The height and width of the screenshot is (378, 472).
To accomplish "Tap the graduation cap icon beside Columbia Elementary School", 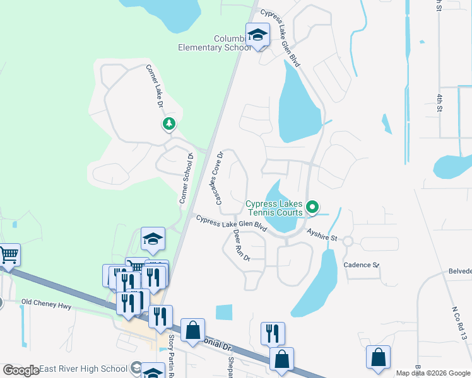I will (x=257, y=35).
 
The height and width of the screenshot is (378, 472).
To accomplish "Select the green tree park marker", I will (x=168, y=123).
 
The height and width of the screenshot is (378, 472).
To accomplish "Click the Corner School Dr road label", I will (x=184, y=177).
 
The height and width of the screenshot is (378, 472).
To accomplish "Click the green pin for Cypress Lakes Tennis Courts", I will (x=312, y=207).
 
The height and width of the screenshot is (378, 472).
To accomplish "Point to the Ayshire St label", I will (x=322, y=235).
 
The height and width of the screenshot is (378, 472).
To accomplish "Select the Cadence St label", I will (x=361, y=265).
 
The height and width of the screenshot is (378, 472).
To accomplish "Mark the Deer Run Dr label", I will (x=242, y=246).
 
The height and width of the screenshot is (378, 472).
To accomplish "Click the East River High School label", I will (x=83, y=369).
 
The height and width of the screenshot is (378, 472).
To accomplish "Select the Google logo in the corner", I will (x=20, y=370).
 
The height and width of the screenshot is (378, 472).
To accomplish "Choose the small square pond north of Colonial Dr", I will (x=224, y=312).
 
